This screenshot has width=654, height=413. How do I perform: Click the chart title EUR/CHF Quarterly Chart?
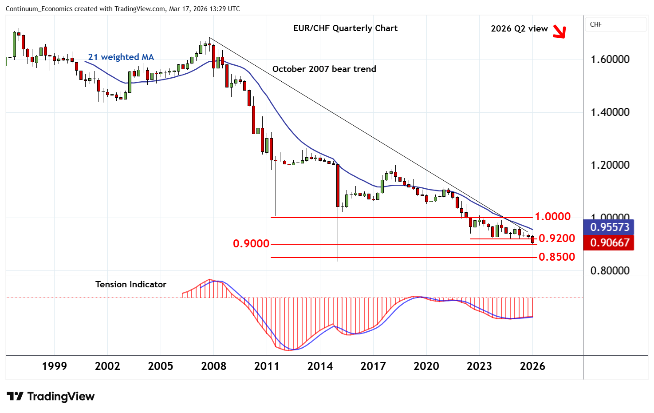tap(345, 28)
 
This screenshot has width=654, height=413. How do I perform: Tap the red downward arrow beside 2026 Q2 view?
tap(560, 32)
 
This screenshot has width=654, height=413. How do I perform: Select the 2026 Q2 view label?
tap(519, 28)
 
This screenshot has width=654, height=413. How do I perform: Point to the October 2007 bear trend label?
tap(324, 69)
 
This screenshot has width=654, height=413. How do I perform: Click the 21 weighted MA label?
tap(121, 57)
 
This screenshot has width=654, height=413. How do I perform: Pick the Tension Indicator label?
tap(131, 284)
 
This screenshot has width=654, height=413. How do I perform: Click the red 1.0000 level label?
tap(552, 217)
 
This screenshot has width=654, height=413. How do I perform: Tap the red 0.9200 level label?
tap(557, 238)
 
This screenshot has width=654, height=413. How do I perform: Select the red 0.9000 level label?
tap(251, 244)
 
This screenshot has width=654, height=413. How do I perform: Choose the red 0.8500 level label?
tap(557, 257)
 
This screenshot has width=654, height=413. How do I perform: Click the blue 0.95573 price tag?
tap(610, 227)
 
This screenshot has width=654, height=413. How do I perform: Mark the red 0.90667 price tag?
tap(610, 242)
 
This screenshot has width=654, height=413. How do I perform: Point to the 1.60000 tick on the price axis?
tap(610, 60)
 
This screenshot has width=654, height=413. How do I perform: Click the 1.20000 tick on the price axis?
tap(610, 165)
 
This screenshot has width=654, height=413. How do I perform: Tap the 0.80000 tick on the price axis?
tap(610, 270)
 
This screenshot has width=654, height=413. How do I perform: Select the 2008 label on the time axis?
tap(213, 366)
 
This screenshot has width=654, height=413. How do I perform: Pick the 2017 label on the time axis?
tap(373, 366)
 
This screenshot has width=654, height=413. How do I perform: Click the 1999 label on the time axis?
tap(54, 366)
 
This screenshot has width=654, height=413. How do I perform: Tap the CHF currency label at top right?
tap(596, 24)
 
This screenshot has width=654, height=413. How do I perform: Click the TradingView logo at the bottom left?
tap(51, 396)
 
